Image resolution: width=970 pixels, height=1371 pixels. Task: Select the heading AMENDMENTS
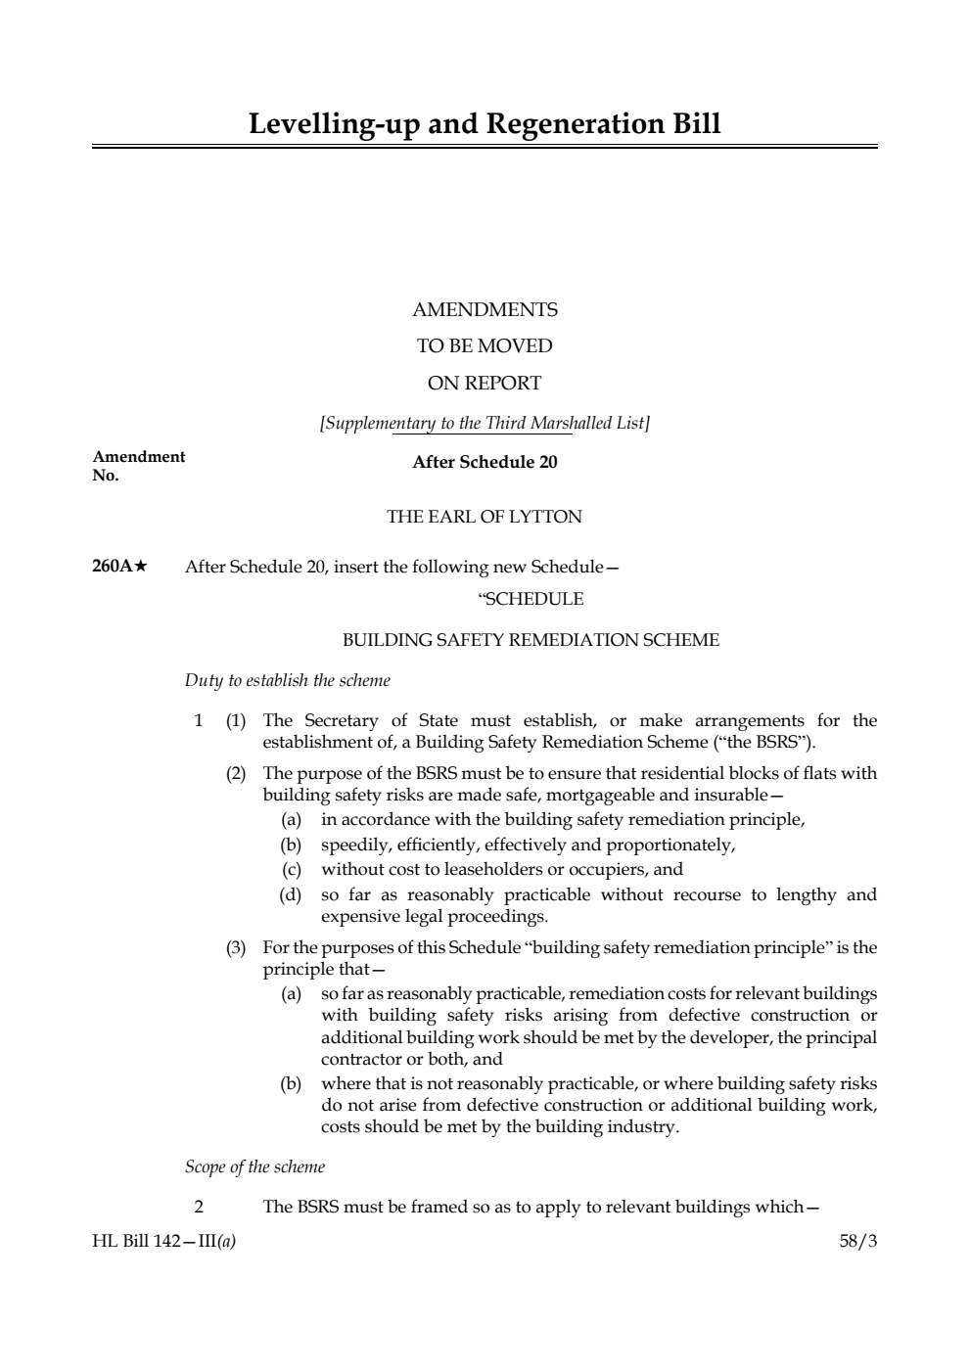pyautogui.click(x=485, y=309)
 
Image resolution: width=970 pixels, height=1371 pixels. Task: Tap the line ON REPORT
pyautogui.click(x=485, y=383)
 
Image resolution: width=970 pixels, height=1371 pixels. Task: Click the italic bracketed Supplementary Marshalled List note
pyautogui.click(x=485, y=423)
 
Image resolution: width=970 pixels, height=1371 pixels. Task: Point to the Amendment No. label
pyautogui.click(x=138, y=466)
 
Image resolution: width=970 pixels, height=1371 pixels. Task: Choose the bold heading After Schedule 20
pyautogui.click(x=485, y=462)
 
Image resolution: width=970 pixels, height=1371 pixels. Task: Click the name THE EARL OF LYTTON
pyautogui.click(x=485, y=517)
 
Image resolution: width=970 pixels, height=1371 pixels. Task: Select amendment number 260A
pyautogui.click(x=111, y=567)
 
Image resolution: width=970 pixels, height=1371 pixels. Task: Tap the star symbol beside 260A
pyautogui.click(x=140, y=566)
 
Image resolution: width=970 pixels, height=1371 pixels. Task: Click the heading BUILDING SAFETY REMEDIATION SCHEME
pyautogui.click(x=531, y=640)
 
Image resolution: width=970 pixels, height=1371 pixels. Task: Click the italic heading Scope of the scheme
pyautogui.click(x=254, y=1166)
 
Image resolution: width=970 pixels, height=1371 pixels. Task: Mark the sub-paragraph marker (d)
pyautogui.click(x=291, y=894)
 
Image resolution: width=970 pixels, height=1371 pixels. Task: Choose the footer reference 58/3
pyautogui.click(x=857, y=1241)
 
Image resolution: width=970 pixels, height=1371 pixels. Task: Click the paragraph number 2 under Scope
pyautogui.click(x=199, y=1206)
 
